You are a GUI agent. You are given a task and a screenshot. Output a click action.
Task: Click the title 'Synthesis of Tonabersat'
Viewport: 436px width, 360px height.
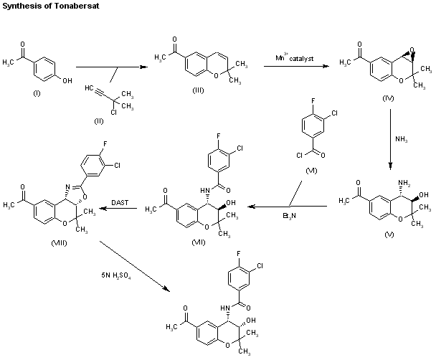click(x=51, y=6)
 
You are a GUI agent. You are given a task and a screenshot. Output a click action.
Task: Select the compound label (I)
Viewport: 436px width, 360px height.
click(x=37, y=93)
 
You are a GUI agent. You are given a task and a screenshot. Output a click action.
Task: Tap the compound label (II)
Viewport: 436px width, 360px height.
click(x=99, y=121)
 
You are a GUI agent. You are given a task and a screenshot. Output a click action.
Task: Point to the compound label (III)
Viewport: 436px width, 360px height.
click(x=198, y=90)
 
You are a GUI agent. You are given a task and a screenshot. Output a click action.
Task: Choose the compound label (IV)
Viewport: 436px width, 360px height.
click(x=388, y=98)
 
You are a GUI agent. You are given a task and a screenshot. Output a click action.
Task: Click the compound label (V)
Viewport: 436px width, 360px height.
click(x=389, y=235)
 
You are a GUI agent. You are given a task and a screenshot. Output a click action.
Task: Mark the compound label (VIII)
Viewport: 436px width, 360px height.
click(x=60, y=243)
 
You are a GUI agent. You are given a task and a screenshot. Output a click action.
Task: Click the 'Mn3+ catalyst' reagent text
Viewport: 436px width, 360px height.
click(x=295, y=58)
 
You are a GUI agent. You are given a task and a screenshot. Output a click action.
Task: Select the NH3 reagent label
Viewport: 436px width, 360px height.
click(x=402, y=139)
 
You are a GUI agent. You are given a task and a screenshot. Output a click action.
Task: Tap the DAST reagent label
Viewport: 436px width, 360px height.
click(x=120, y=202)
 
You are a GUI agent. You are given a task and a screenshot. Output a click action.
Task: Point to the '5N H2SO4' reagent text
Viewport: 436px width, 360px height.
click(x=116, y=275)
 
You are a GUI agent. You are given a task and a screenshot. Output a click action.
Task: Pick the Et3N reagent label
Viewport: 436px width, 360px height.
click(x=289, y=216)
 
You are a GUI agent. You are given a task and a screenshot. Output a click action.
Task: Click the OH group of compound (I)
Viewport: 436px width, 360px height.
click(x=67, y=80)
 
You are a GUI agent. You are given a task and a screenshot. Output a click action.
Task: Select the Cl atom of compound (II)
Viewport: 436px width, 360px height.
click(x=114, y=112)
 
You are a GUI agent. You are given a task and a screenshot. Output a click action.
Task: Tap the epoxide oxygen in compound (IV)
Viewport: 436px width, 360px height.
click(x=412, y=50)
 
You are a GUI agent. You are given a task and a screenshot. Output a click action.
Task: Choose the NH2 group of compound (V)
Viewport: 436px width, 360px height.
click(x=404, y=183)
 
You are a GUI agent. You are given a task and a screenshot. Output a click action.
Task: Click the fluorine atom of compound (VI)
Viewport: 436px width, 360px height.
click(x=313, y=100)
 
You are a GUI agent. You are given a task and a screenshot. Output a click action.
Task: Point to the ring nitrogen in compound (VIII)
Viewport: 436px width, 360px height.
click(x=67, y=186)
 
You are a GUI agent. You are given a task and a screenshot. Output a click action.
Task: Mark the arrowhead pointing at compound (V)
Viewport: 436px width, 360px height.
click(x=390, y=166)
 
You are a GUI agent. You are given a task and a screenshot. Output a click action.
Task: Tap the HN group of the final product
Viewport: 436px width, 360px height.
click(x=224, y=308)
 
